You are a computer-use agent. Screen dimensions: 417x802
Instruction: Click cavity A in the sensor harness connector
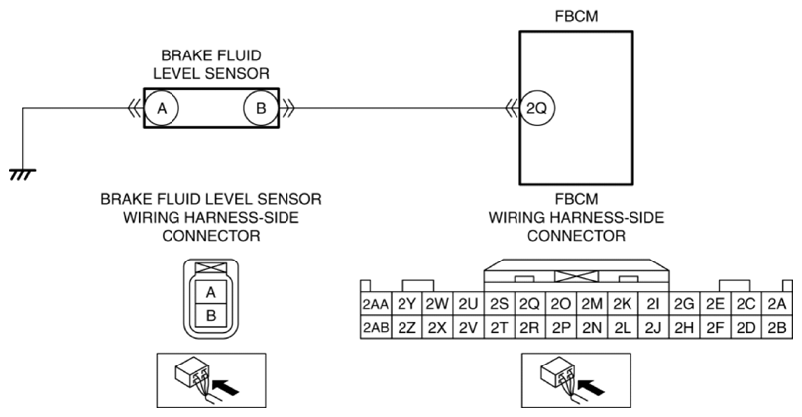tap(210, 291)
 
